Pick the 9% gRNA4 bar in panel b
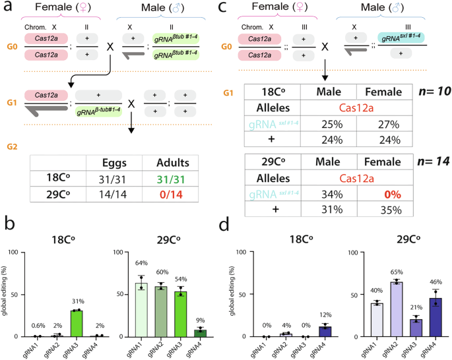(x=198, y=333)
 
